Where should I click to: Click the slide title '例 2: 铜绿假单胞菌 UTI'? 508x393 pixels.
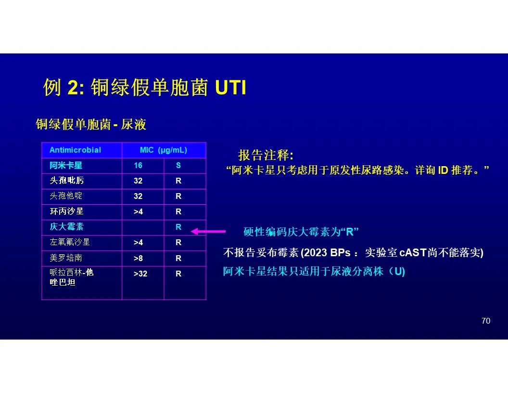[145, 87]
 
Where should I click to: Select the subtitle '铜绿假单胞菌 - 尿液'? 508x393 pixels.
[91, 124]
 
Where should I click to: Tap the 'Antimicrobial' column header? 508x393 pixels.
[75, 150]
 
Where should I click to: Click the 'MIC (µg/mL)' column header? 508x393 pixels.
[163, 150]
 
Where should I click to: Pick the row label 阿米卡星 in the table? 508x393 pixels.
[66, 165]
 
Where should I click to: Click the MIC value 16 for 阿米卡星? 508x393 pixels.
[138, 165]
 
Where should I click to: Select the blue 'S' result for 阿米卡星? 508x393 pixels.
[178, 165]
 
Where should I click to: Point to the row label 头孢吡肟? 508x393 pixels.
[67, 181]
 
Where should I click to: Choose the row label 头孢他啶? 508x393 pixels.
[66, 196]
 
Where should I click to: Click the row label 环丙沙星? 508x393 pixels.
[67, 211]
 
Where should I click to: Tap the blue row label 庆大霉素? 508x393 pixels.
[67, 227]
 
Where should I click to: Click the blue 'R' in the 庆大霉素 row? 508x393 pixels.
[178, 227]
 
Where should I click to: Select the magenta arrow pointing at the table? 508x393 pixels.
[208, 231]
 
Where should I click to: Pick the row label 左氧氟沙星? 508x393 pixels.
[70, 242]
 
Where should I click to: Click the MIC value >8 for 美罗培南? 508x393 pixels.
[138, 258]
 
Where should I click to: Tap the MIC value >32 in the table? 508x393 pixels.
[140, 274]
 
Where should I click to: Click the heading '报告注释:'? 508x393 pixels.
[266, 155]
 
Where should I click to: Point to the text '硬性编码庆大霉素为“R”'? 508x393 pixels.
[301, 232]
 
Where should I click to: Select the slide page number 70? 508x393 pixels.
[486, 321]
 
